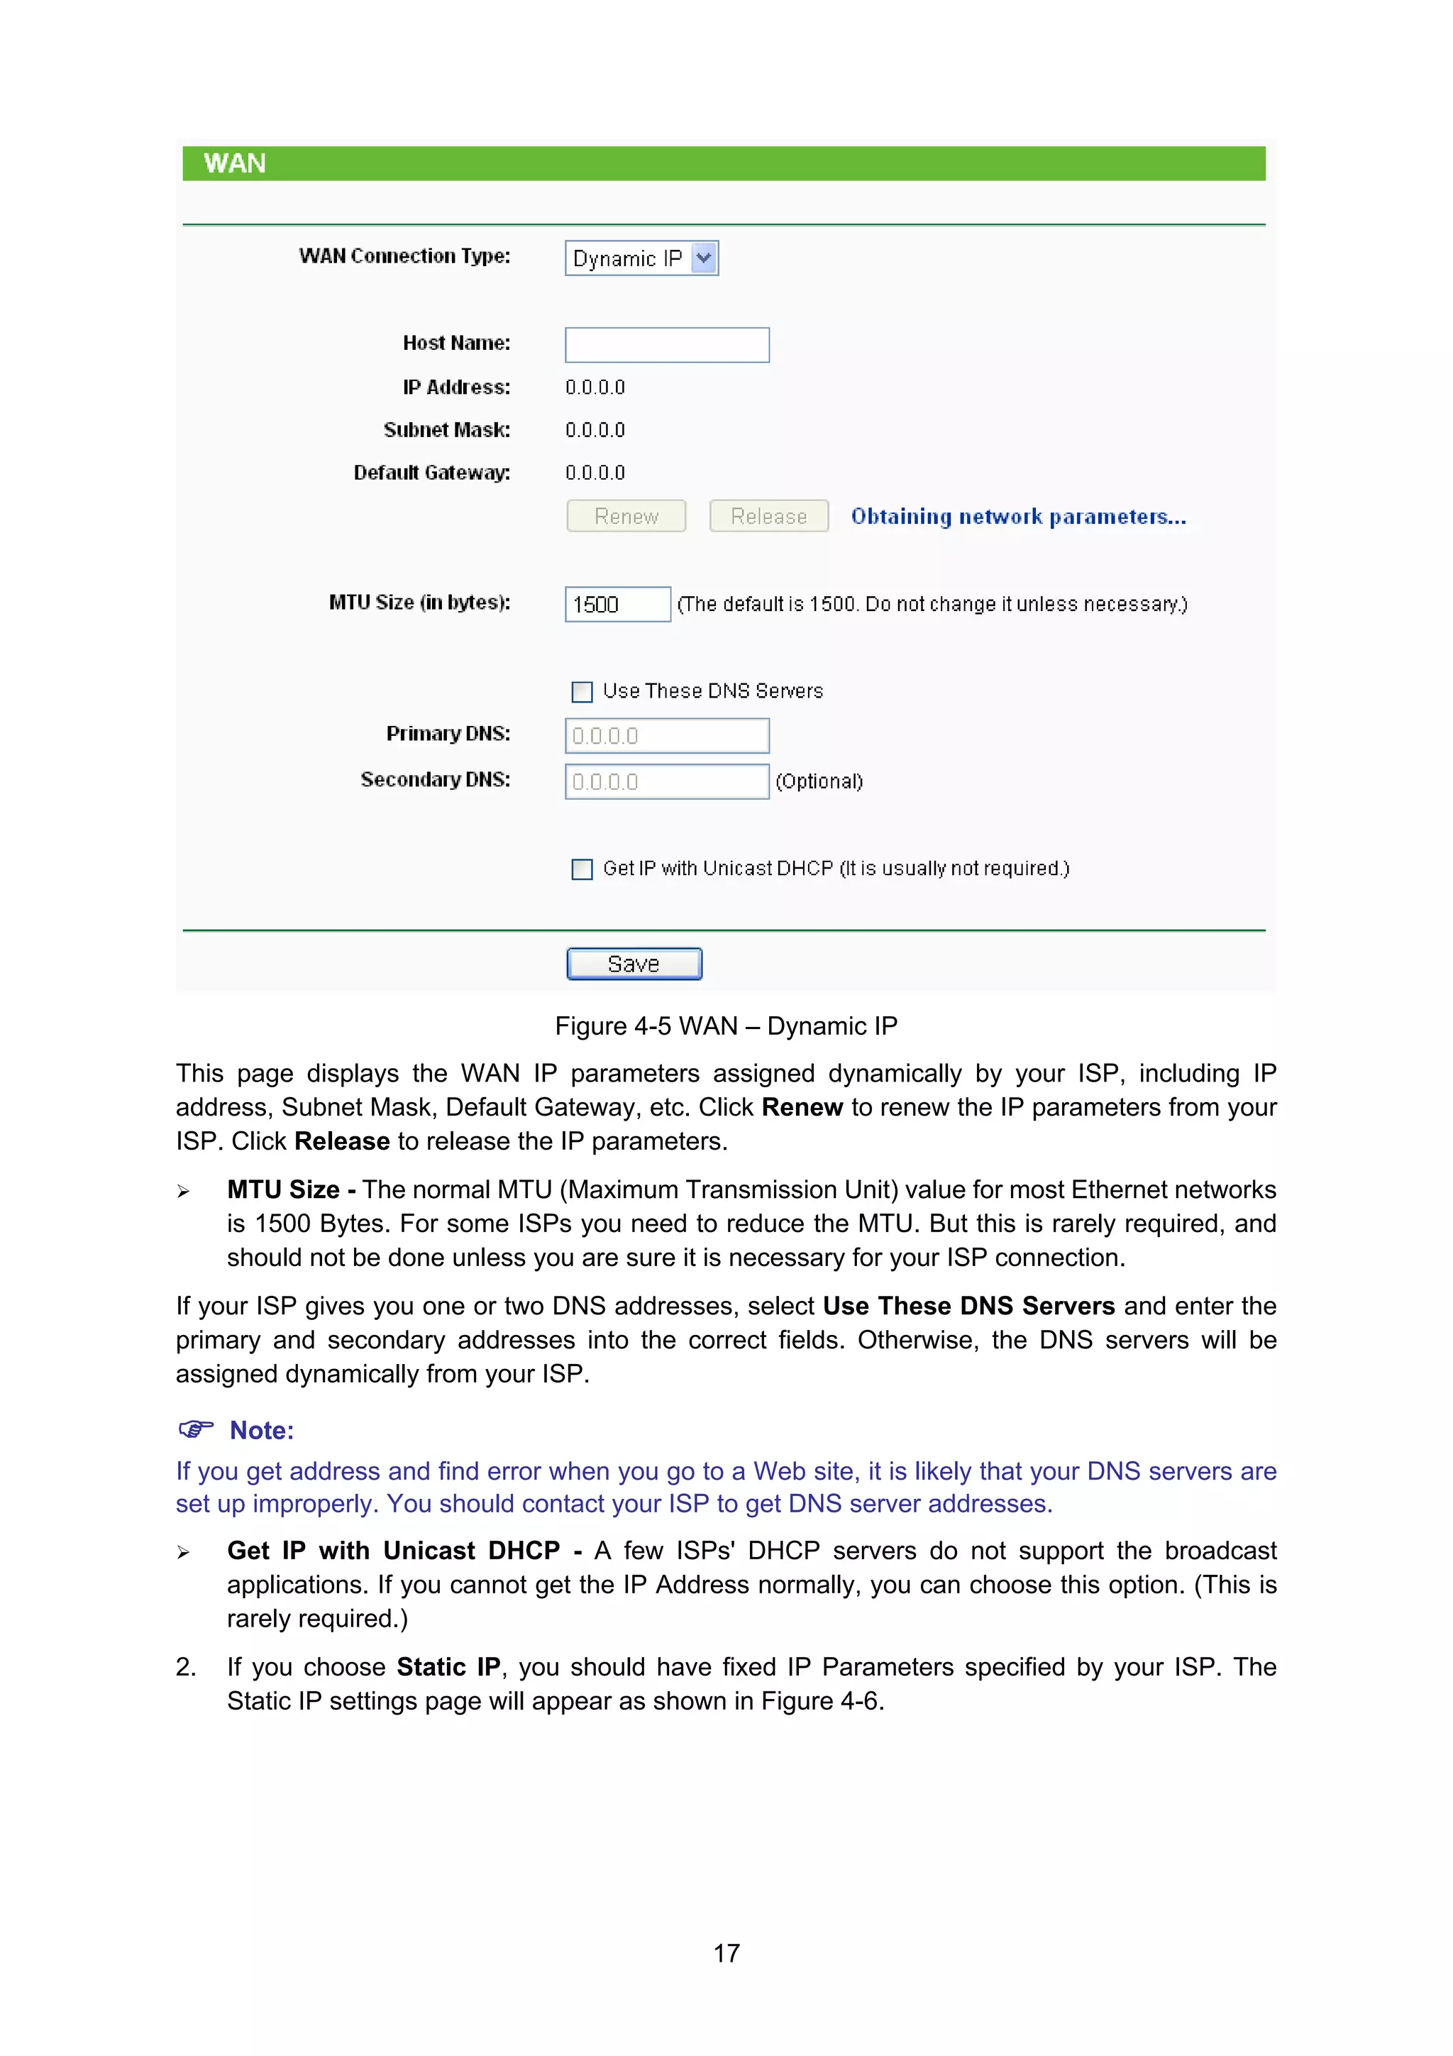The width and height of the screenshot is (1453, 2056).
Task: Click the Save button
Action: point(634,964)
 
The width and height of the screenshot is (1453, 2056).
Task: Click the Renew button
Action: point(626,516)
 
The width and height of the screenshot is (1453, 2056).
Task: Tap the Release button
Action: point(768,516)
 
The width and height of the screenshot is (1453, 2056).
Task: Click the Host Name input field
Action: point(666,345)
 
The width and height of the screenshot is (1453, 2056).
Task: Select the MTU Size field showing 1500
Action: point(617,605)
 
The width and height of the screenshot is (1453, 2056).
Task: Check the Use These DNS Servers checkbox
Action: point(582,691)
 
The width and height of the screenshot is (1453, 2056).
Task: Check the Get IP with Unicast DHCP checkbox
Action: point(582,869)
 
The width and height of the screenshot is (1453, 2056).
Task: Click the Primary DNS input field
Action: point(666,736)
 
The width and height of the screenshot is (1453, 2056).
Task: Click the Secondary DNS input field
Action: point(666,782)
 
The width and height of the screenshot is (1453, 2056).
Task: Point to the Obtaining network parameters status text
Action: point(1018,517)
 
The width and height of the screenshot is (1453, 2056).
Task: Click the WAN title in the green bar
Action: point(235,164)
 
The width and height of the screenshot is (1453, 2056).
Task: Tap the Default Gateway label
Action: point(431,473)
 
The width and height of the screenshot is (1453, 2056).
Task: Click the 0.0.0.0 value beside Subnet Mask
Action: point(595,430)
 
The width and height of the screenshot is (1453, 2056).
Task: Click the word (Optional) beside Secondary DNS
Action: point(818,782)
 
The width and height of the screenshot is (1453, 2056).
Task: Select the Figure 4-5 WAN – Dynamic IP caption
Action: point(725,1026)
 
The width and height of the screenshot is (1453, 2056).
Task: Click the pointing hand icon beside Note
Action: point(196,1429)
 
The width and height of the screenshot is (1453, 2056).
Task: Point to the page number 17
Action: point(726,1953)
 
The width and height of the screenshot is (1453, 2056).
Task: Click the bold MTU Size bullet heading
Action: point(284,1190)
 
